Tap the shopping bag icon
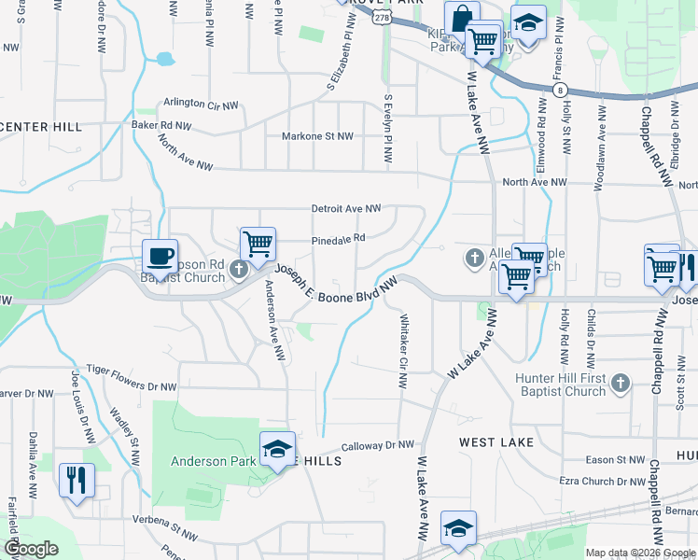(462, 18)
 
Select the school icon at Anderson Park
(277, 448)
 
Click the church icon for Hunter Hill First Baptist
(619, 382)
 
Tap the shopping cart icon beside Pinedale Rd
(258, 244)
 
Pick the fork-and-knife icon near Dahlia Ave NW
(76, 480)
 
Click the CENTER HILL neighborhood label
(41, 126)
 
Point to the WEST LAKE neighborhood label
(496, 441)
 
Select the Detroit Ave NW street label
(346, 208)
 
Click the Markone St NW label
(318, 136)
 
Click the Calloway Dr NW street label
(377, 446)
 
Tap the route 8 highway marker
(559, 89)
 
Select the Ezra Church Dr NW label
(603, 481)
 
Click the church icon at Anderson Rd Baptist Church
(239, 271)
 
